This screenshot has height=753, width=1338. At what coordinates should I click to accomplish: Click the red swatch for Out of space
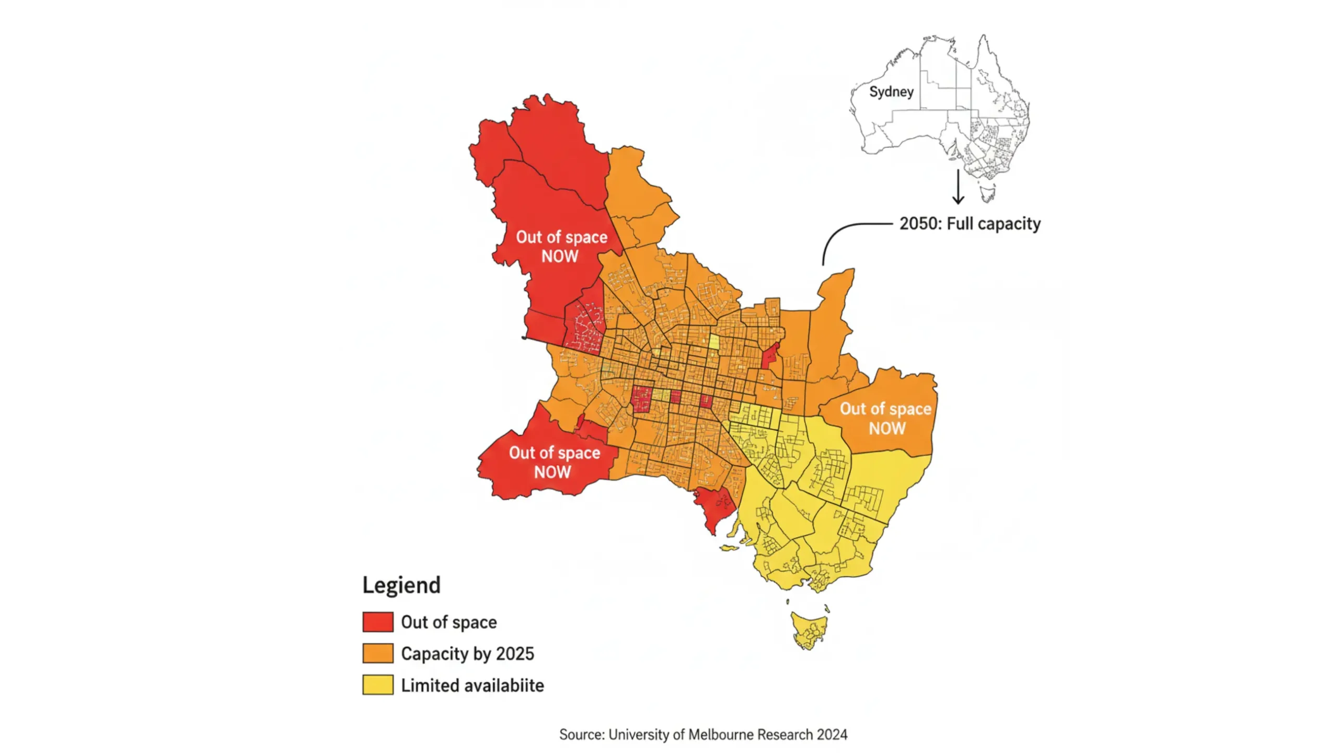coord(377,622)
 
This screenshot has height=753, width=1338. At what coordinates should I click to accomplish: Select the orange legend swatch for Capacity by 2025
coord(377,653)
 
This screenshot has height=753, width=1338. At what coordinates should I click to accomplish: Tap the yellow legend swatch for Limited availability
coord(377,685)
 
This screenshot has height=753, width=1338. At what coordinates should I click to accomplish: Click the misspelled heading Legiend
coord(401,585)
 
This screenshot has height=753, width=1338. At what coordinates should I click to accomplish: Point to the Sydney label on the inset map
coord(891,92)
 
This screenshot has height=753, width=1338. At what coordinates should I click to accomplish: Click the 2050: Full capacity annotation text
coord(970,224)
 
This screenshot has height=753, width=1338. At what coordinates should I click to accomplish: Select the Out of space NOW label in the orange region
coord(886,418)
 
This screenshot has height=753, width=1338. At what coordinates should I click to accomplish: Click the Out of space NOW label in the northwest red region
coord(561,246)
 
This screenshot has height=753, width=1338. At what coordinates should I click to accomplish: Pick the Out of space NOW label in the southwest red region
coord(554,462)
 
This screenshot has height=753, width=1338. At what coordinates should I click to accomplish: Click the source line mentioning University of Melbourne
coord(702,734)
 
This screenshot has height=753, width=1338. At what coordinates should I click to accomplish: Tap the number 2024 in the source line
coord(832,734)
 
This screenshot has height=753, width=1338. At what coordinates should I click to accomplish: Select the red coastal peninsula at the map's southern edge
coord(714,507)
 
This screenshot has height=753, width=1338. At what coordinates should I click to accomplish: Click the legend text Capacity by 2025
coord(467,654)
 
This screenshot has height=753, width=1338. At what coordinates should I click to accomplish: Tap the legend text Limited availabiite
coord(472,685)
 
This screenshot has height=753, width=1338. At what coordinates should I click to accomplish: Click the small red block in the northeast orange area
coord(769,356)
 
